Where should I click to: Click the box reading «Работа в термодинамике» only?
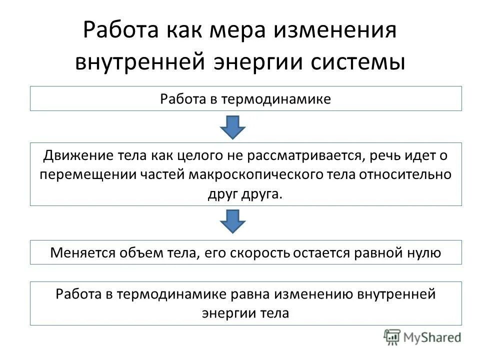click(x=245, y=98)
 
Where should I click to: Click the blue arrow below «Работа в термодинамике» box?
click(x=232, y=127)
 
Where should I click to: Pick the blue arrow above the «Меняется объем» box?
click(x=232, y=220)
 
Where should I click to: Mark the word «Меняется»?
click(x=82, y=253)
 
